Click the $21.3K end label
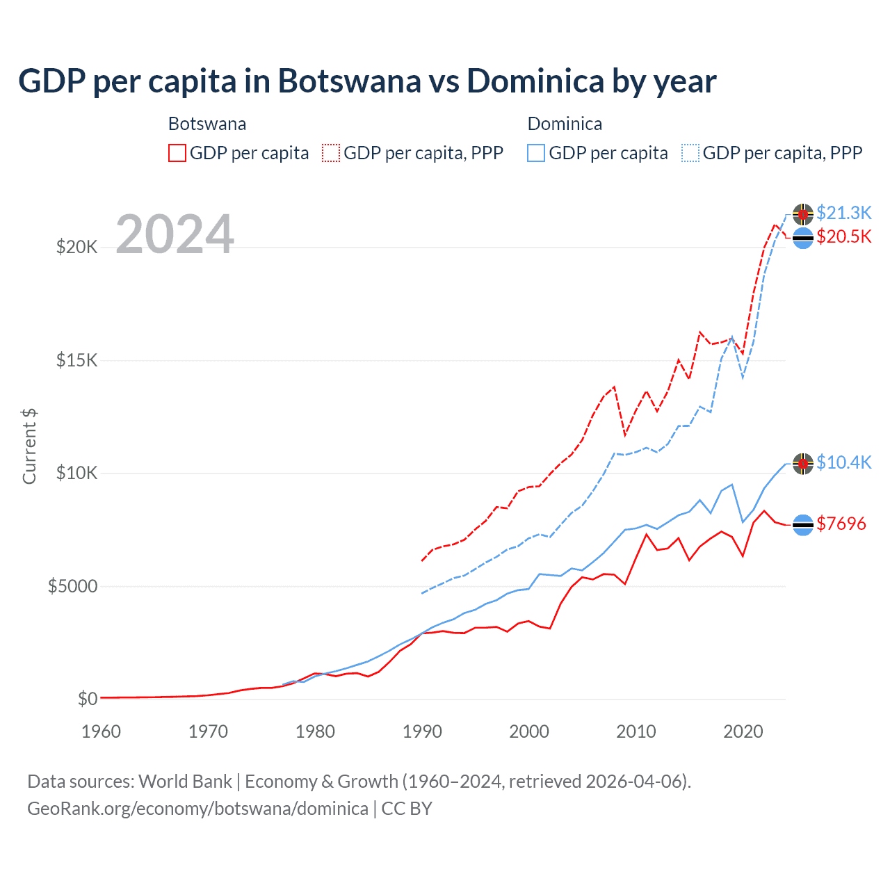click(x=843, y=213)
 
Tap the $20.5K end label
click(x=843, y=236)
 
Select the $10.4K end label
click(x=843, y=462)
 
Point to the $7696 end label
click(x=841, y=524)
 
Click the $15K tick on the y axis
click(x=76, y=360)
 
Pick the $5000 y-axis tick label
click(x=72, y=586)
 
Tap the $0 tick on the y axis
click(x=87, y=699)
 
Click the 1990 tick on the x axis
click(x=422, y=731)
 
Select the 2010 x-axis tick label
click(x=636, y=731)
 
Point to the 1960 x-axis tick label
click(x=102, y=731)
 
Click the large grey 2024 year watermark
click(x=175, y=234)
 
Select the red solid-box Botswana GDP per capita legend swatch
click(x=177, y=153)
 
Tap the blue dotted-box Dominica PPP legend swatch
click(x=690, y=153)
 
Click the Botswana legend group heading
click(x=207, y=124)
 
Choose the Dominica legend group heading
click(x=565, y=124)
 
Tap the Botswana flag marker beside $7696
click(x=803, y=525)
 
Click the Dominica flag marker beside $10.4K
click(x=803, y=463)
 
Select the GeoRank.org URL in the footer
click(x=197, y=809)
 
